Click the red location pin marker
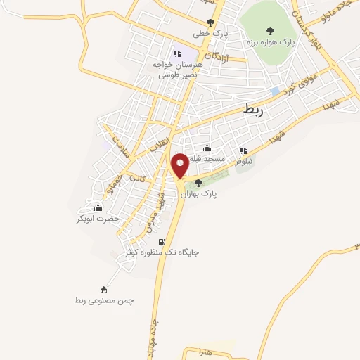click(x=180, y=166)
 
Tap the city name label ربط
click(x=252, y=109)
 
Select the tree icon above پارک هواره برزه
click(x=270, y=30)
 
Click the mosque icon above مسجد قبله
click(x=207, y=148)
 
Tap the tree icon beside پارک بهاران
click(x=199, y=184)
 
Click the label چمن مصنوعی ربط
click(x=104, y=300)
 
